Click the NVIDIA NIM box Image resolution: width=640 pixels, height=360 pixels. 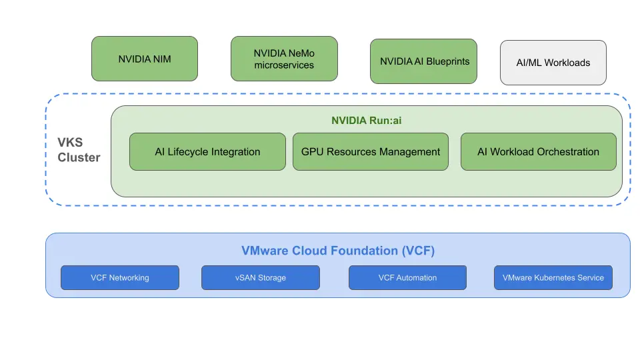click(x=145, y=59)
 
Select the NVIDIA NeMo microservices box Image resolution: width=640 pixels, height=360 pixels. click(x=284, y=59)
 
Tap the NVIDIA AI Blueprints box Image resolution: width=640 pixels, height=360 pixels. click(x=424, y=61)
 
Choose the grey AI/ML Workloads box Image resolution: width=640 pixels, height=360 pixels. click(x=553, y=63)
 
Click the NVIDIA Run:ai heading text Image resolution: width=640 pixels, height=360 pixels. click(x=367, y=121)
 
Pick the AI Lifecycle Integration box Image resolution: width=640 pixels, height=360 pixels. click(x=207, y=152)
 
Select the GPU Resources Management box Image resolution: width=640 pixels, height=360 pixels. click(x=371, y=152)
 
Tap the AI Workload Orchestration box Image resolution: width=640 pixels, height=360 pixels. click(x=538, y=152)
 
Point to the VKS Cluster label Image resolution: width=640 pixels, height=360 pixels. click(x=79, y=151)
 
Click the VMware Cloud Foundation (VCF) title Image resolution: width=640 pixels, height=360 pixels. click(x=337, y=251)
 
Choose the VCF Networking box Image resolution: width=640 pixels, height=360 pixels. click(x=120, y=278)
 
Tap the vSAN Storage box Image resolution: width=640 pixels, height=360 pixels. click(x=260, y=278)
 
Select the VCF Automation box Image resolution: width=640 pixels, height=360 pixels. click(x=407, y=278)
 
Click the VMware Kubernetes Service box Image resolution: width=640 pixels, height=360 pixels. click(x=553, y=278)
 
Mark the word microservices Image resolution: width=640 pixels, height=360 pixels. click(x=284, y=65)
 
